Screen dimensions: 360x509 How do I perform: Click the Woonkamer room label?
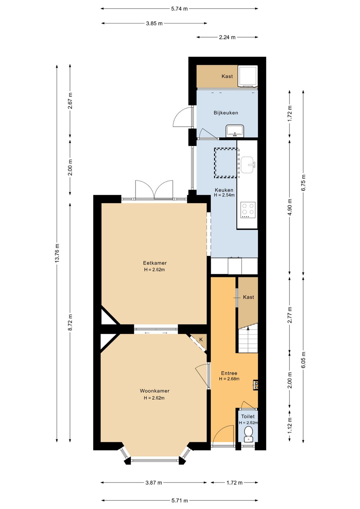[154, 391]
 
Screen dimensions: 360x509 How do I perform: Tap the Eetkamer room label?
[155, 263]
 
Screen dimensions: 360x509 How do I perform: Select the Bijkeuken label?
[226, 113]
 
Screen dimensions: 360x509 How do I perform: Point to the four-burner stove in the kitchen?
[248, 210]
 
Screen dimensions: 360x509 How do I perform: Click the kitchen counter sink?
[248, 164]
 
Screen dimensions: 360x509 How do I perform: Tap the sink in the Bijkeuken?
[235, 131]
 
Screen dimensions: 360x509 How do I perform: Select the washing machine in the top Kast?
[248, 76]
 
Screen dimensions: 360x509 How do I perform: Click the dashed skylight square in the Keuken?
[226, 163]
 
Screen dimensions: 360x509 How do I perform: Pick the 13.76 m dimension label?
[57, 253]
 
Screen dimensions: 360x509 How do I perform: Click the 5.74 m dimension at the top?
[179, 9]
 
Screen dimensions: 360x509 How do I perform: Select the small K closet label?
[201, 340]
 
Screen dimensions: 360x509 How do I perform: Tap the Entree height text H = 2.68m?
[229, 379]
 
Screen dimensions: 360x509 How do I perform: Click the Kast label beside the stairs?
[248, 297]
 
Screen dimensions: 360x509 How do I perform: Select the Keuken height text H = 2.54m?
[224, 195]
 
